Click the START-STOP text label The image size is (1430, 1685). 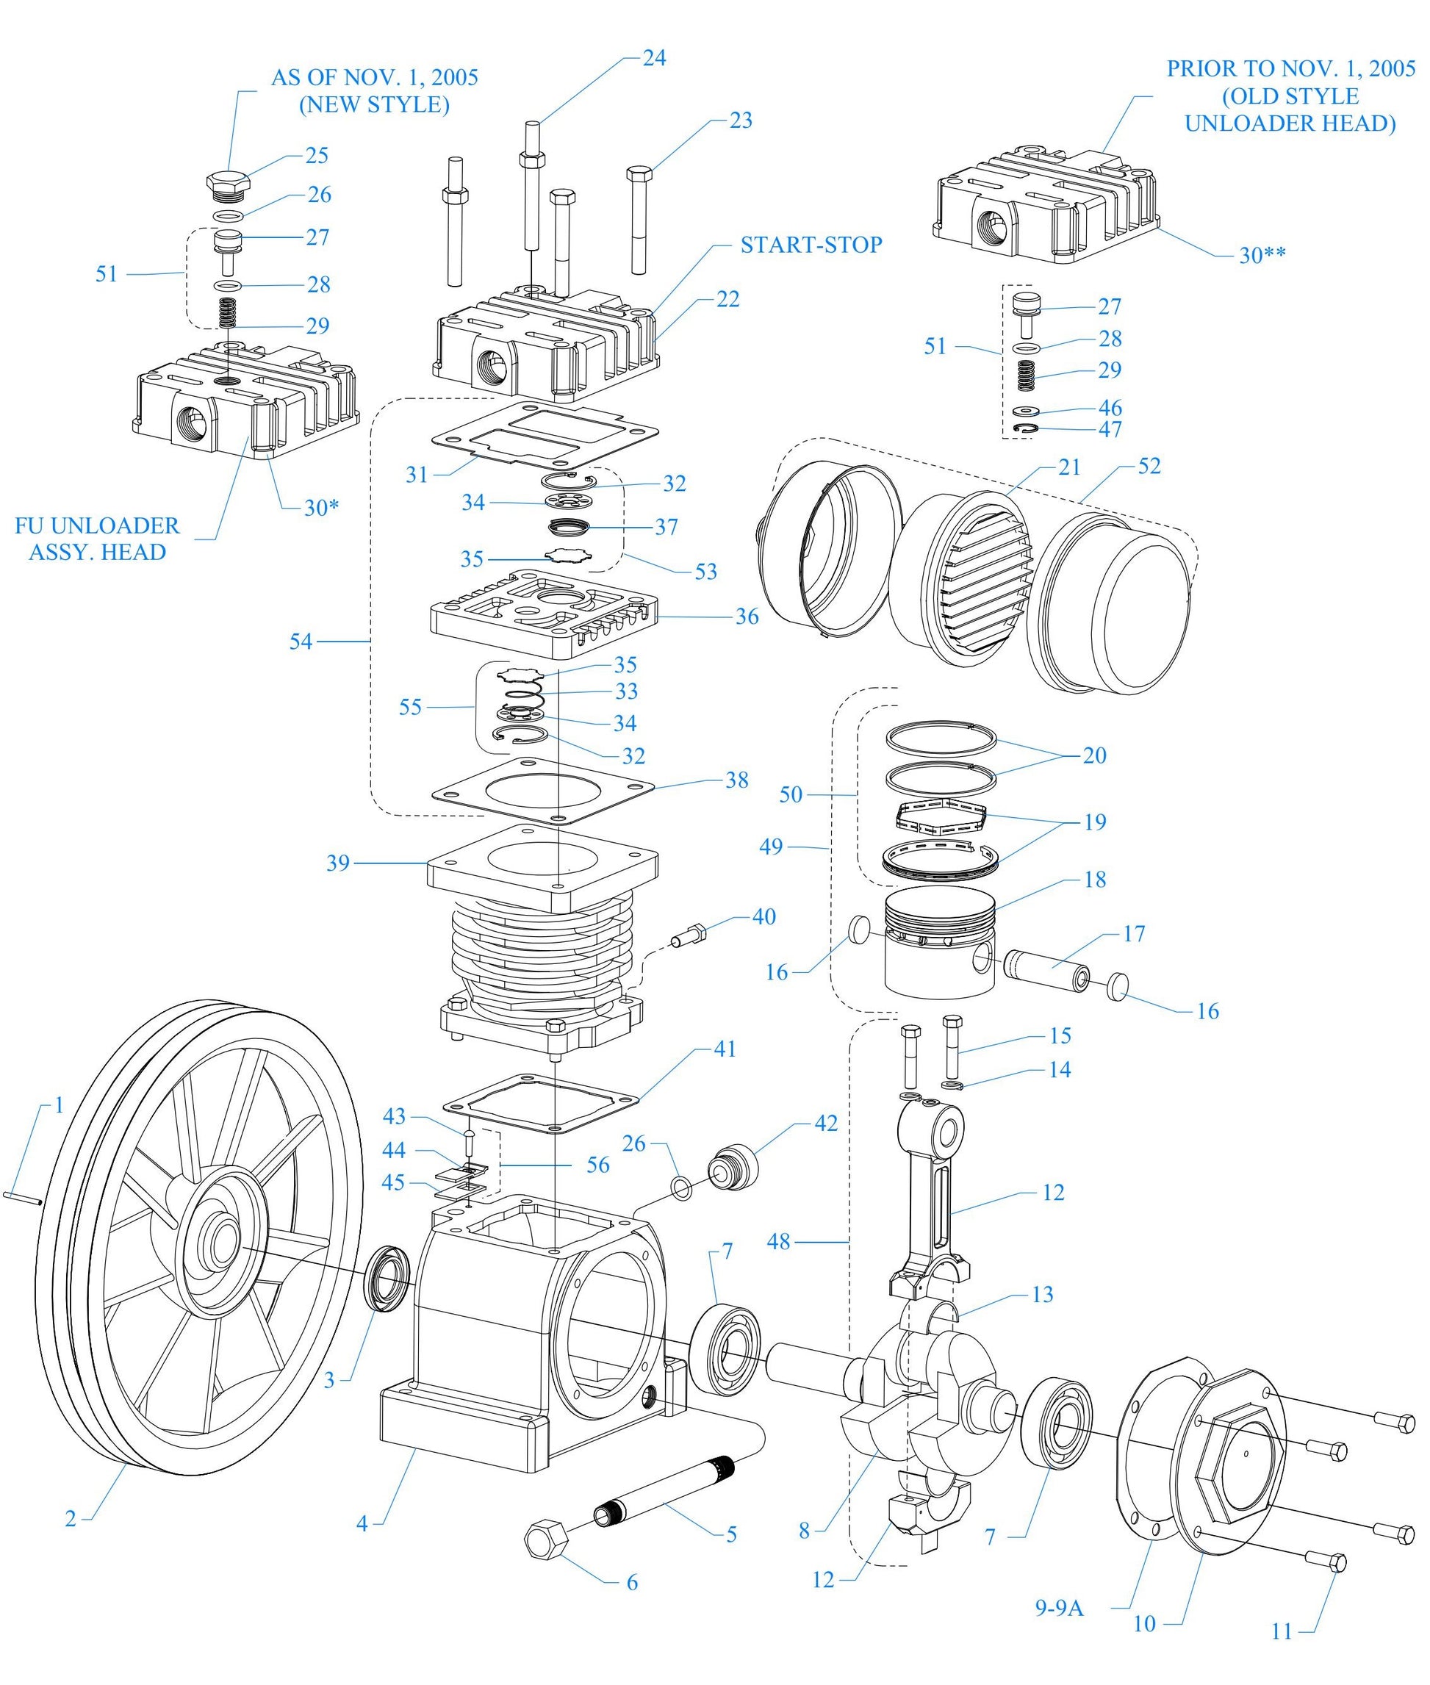[x=811, y=245]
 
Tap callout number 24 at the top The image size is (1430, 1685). [x=654, y=57]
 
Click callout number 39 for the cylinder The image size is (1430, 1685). [x=338, y=863]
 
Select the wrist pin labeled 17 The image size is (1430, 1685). [x=1046, y=969]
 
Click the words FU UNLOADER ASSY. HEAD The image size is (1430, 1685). [x=97, y=539]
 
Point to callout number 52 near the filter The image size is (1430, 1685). [x=1149, y=466]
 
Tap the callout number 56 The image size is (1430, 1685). [x=597, y=1165]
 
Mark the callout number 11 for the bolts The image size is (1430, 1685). [x=1282, y=1631]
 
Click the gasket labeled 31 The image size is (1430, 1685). [x=543, y=436]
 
